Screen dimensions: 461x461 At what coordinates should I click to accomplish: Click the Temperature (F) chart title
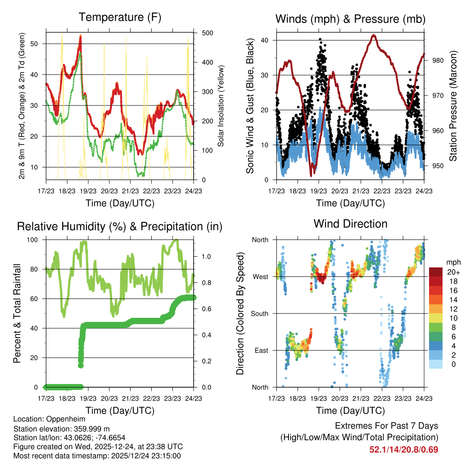point(120,18)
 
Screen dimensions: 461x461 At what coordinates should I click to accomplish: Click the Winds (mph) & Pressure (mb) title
point(350,19)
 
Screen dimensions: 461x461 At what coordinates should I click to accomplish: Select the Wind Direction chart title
point(350,223)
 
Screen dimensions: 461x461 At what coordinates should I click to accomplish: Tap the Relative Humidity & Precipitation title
point(120,226)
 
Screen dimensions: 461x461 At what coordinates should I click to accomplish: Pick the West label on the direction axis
point(261,276)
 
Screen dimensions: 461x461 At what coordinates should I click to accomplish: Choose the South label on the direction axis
point(260,313)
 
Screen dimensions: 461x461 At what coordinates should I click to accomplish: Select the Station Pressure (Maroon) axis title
point(453,99)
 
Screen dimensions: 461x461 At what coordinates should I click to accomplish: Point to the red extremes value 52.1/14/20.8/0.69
point(403,449)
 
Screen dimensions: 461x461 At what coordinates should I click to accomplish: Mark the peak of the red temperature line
point(80,36)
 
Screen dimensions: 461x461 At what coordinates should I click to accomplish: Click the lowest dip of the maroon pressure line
point(311,175)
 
